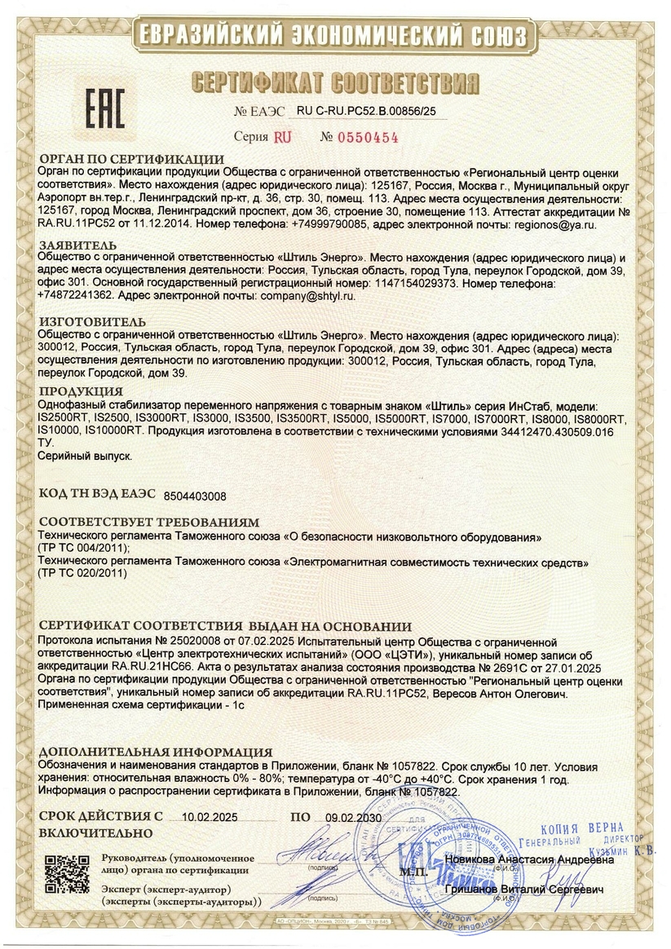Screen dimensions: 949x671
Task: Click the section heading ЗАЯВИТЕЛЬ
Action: [x=77, y=245]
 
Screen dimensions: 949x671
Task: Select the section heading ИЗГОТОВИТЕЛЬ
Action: [x=92, y=322]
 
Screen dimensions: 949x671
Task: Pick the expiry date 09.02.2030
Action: [x=353, y=817]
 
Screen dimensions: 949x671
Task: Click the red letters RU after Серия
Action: [x=281, y=138]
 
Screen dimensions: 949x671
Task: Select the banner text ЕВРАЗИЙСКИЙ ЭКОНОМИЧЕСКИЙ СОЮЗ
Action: [x=335, y=35]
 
